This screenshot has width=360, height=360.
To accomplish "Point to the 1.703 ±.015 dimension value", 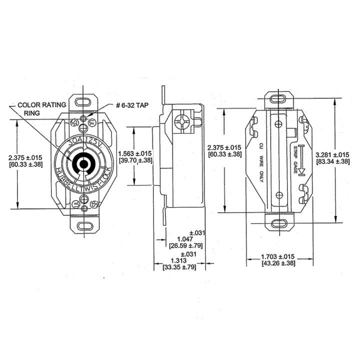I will tap(279, 256).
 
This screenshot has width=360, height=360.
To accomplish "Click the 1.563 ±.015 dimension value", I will tap(135, 153).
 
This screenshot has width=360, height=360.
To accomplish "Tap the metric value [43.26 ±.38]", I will tap(279, 263).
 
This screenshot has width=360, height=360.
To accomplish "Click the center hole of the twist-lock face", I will tap(82, 163).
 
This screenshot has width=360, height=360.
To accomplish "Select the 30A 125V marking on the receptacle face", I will tap(82, 141).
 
